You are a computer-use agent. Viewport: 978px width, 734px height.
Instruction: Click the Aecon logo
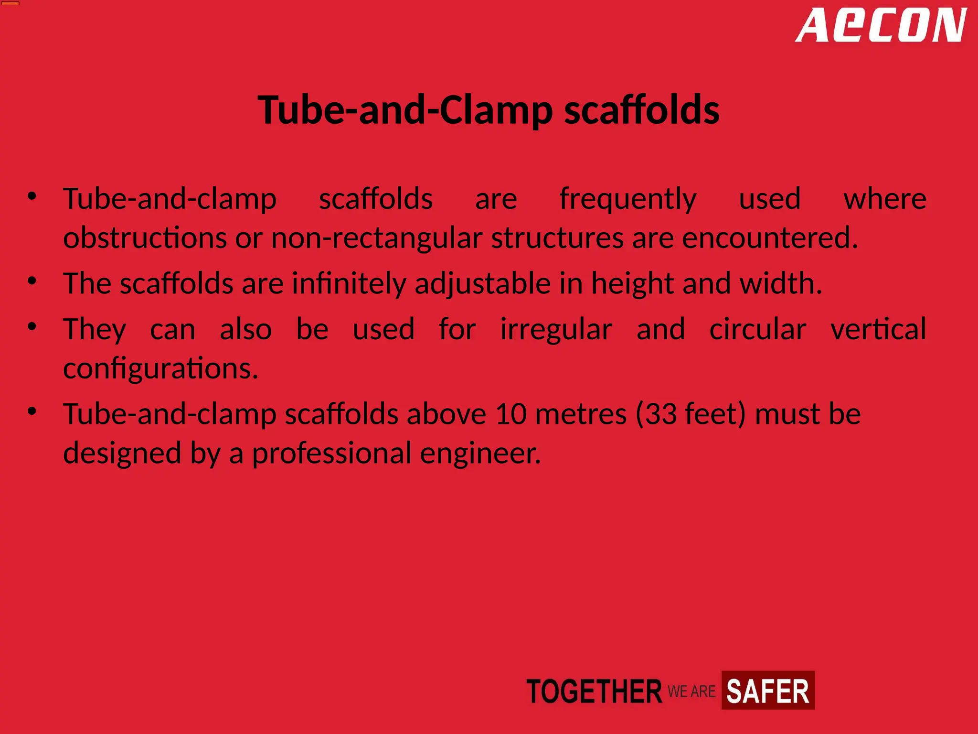pyautogui.click(x=881, y=26)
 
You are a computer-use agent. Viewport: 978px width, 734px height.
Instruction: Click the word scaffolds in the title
pyautogui.click(x=642, y=110)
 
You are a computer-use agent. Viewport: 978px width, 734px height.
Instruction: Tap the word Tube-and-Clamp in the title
pyautogui.click(x=405, y=110)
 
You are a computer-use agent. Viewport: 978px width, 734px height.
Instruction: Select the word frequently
pyautogui.click(x=627, y=199)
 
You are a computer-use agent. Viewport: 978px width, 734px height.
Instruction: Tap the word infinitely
pyautogui.click(x=349, y=283)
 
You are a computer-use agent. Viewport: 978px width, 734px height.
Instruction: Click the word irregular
pyautogui.click(x=556, y=329)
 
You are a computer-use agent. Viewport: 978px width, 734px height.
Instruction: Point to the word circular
pyautogui.click(x=757, y=329)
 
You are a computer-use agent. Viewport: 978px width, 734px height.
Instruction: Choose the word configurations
pyautogui.click(x=160, y=368)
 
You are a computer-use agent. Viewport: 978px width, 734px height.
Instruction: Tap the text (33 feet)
pyautogui.click(x=691, y=414)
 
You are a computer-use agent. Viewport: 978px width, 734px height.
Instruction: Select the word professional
pyautogui.click(x=331, y=453)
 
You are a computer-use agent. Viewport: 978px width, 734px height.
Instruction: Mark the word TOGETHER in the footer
pyautogui.click(x=594, y=691)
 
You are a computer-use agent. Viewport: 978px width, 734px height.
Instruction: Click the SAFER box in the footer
pyautogui.click(x=767, y=691)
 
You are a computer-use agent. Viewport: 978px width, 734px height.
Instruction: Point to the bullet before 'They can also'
pyautogui.click(x=32, y=327)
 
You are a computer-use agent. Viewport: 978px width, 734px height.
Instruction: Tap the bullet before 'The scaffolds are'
pyautogui.click(x=32, y=281)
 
